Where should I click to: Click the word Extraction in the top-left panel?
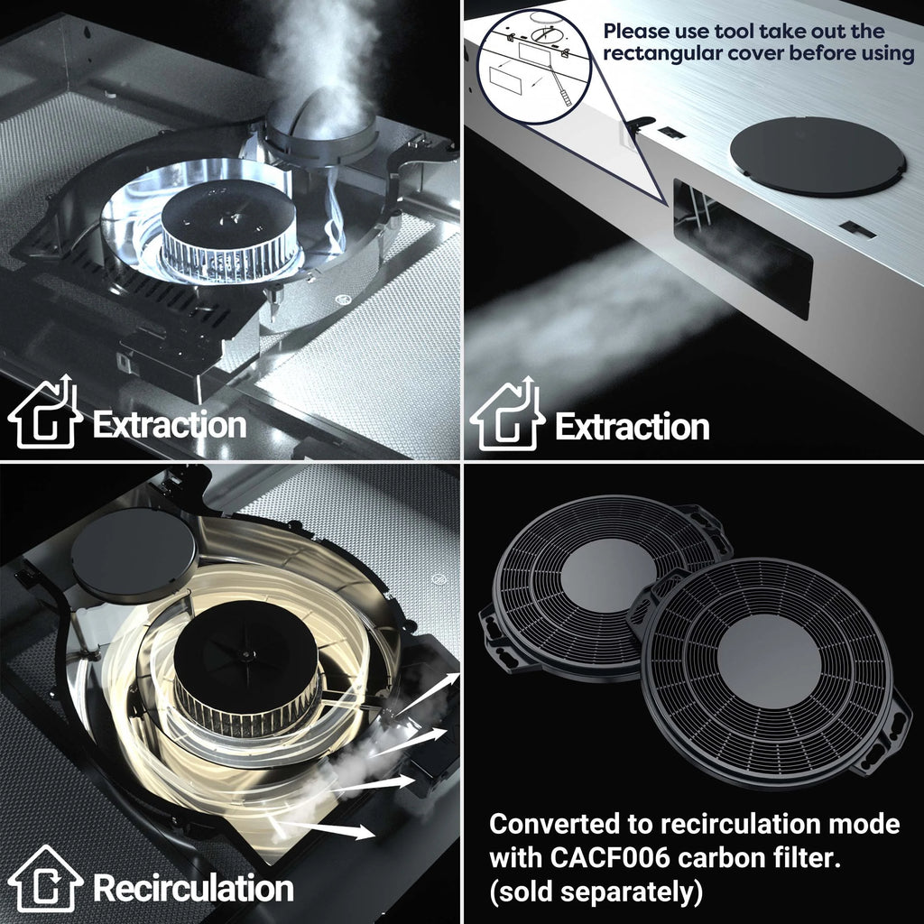[170, 424]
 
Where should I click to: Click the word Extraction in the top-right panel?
[633, 427]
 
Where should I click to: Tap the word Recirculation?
[193, 888]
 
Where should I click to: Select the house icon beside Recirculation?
[45, 878]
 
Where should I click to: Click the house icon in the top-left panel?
[45, 411]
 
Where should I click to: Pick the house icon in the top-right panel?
[507, 413]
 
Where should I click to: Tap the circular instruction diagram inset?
[533, 67]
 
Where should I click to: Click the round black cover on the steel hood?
[818, 156]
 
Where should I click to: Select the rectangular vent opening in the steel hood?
[743, 249]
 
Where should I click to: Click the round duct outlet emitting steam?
[322, 137]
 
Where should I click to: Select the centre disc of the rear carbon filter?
[608, 575]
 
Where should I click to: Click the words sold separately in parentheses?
[596, 892]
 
